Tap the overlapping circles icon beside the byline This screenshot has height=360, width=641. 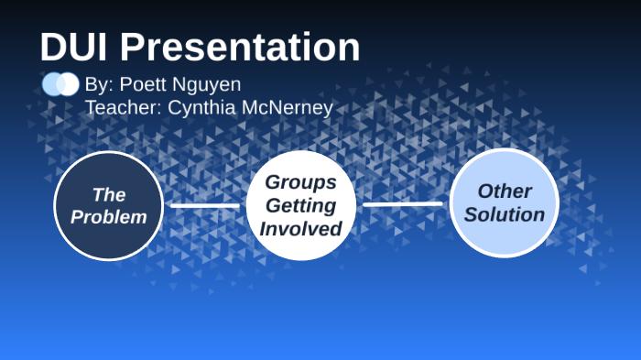(60, 84)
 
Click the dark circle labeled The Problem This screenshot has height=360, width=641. (108, 205)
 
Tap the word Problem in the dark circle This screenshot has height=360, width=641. (108, 217)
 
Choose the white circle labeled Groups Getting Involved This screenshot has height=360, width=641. (301, 205)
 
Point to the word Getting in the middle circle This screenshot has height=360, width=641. (301, 205)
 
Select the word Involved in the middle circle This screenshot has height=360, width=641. (301, 228)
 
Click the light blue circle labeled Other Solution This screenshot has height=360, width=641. (504, 202)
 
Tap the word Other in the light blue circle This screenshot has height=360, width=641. (504, 191)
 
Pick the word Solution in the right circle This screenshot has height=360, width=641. (504, 215)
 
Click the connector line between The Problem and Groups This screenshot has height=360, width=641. (204, 205)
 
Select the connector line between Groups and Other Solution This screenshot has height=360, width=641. (402, 204)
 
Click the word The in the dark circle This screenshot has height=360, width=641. (108, 194)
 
